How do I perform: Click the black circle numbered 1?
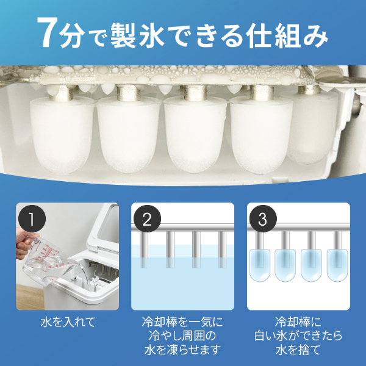pos(32,219)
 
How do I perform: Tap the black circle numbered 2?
pos(147,219)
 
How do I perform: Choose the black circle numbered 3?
pos(263,219)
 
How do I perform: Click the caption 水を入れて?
pos(68,322)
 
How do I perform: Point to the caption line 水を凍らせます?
pos(182,350)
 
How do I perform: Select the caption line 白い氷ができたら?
pos(298,336)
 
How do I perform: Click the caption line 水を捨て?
pos(298,350)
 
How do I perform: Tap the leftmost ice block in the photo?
pos(62,135)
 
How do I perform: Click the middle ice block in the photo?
pos(195,135)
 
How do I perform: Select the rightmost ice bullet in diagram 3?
pos(337,265)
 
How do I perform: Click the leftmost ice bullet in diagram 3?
pos(260,265)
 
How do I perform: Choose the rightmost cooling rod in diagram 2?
pos(222,249)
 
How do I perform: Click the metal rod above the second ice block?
pos(128,93)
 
